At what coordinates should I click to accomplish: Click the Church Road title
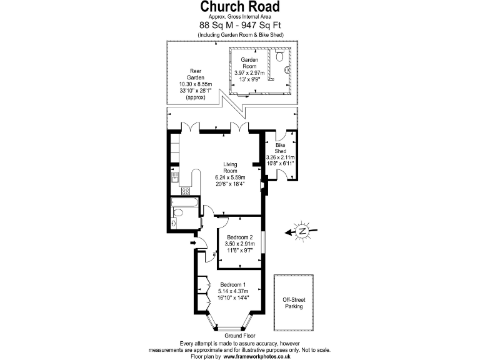coord(240,7)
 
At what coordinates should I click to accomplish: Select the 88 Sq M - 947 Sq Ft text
coord(240,26)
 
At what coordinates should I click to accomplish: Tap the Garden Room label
coord(249,62)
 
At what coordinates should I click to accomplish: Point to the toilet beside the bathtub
coord(177,216)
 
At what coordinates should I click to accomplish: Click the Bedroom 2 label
coord(239,237)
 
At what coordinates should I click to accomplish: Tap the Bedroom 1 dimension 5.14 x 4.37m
coord(233,291)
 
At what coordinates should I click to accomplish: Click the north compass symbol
coord(302,232)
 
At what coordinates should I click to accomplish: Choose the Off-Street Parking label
coord(293,303)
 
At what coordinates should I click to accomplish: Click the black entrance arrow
coord(193,242)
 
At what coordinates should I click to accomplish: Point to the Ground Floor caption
coord(232,336)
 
